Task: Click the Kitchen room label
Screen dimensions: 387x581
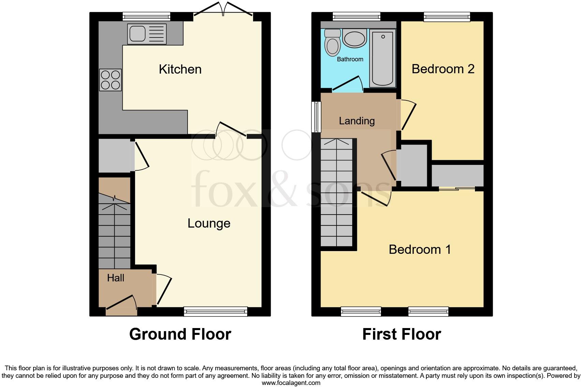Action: click(x=180, y=69)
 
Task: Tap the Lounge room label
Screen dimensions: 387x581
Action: click(x=209, y=223)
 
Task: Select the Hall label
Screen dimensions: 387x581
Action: click(x=116, y=278)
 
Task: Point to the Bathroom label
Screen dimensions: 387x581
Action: click(x=350, y=59)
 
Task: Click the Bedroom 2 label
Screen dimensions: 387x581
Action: click(x=443, y=69)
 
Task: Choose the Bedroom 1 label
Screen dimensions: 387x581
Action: click(x=420, y=250)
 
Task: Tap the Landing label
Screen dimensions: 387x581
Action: click(x=357, y=121)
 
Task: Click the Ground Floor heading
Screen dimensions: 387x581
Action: click(x=180, y=334)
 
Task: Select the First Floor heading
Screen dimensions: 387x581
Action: click(x=401, y=334)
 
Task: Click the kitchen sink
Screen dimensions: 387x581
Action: click(x=147, y=34)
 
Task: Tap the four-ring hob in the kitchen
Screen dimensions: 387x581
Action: click(x=110, y=80)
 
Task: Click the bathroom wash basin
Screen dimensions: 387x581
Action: click(x=354, y=38)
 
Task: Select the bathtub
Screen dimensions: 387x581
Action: click(x=383, y=58)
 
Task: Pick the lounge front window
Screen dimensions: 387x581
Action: click(x=215, y=311)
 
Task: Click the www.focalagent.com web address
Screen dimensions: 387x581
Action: click(x=290, y=383)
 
